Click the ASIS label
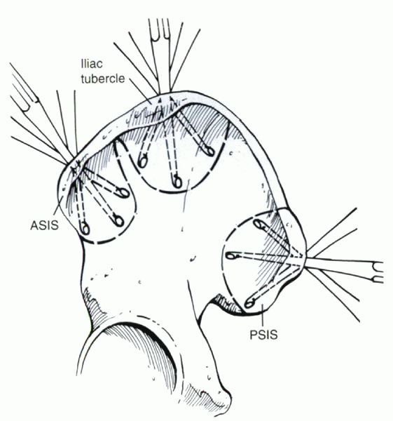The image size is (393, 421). click(44, 225)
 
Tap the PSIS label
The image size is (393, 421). click(264, 335)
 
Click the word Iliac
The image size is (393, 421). click(92, 64)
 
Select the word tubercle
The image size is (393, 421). click(103, 79)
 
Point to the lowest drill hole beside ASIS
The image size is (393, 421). click(85, 229)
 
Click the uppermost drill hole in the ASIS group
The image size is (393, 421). click(124, 192)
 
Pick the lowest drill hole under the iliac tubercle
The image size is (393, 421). click(177, 182)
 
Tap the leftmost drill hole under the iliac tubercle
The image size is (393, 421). click(142, 161)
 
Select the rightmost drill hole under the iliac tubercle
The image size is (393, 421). click(209, 152)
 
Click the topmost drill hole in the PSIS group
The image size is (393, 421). click(259, 224)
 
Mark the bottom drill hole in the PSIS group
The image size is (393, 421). click(250, 303)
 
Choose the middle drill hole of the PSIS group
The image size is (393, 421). click(231, 255)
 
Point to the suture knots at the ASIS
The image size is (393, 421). click(76, 168)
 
